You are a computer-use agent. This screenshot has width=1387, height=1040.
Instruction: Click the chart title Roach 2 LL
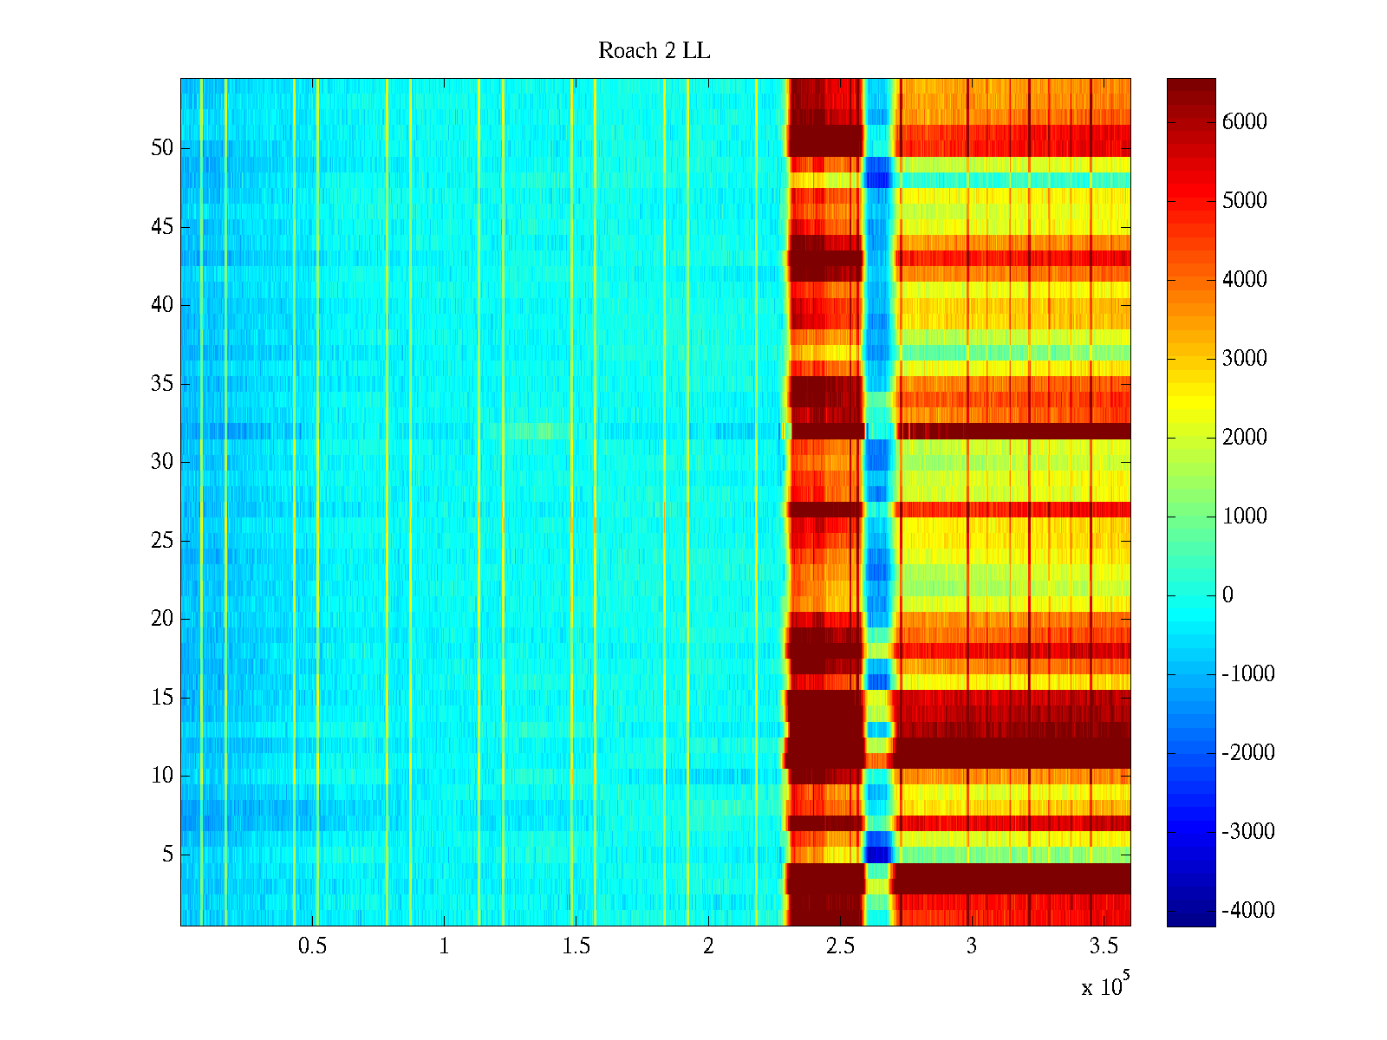click(x=654, y=51)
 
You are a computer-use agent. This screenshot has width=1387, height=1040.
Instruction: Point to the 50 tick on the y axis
click(x=162, y=148)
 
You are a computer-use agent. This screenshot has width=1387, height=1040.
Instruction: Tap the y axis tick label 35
click(x=162, y=384)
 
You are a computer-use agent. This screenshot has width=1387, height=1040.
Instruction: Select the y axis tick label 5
click(x=167, y=855)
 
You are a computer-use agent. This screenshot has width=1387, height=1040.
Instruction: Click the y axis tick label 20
click(x=162, y=619)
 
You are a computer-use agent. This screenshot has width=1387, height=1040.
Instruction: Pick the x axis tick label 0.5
click(x=312, y=946)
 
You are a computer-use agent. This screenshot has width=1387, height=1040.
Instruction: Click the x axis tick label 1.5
click(x=576, y=946)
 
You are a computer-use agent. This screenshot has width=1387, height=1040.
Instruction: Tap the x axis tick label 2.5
click(x=839, y=946)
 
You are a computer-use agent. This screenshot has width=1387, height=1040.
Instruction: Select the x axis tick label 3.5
click(x=1103, y=946)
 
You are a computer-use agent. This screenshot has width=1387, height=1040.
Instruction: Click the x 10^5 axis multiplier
click(x=1104, y=985)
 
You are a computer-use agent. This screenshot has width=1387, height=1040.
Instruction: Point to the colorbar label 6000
click(x=1244, y=122)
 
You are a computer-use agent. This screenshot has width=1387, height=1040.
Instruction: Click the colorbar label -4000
click(x=1247, y=911)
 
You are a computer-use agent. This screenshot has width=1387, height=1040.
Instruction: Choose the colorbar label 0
click(x=1227, y=595)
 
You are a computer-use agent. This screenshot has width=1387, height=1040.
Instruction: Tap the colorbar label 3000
click(x=1244, y=359)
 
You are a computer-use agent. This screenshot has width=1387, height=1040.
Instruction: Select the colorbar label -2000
click(x=1247, y=753)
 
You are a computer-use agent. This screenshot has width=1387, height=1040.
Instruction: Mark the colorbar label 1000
click(x=1244, y=517)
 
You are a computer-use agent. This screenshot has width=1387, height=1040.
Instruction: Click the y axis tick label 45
click(x=162, y=227)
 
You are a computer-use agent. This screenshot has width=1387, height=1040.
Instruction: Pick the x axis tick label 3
click(x=971, y=946)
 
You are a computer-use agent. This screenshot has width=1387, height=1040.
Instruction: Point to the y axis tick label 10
click(x=162, y=776)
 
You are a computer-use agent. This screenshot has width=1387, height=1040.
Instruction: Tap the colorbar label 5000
click(x=1244, y=201)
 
